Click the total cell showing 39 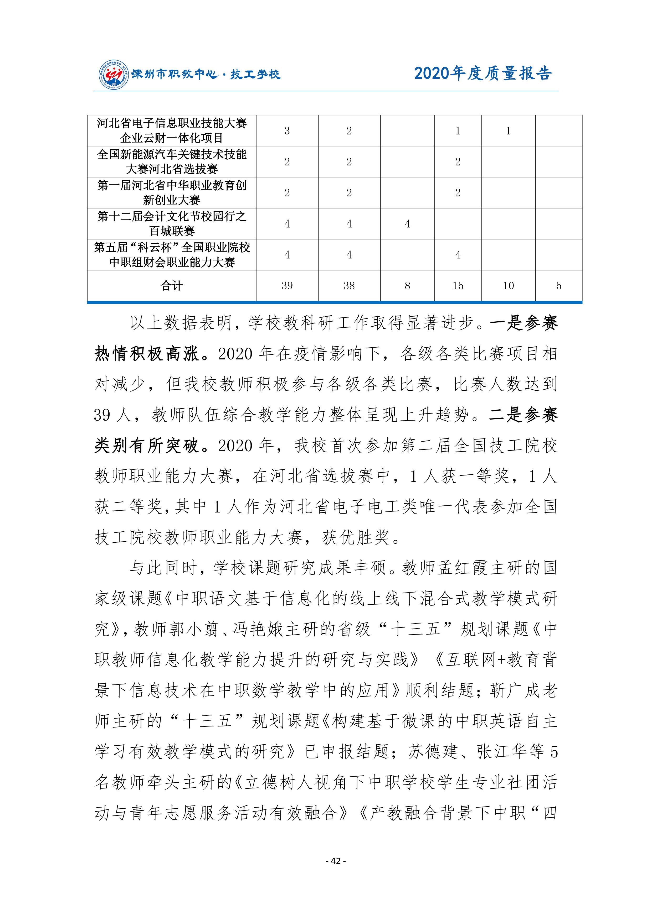click(x=287, y=286)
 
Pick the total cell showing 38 click(x=349, y=286)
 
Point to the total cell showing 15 click(x=458, y=286)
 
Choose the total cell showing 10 click(x=508, y=286)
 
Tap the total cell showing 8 click(x=407, y=286)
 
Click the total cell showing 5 click(x=558, y=286)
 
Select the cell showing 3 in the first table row click(x=287, y=131)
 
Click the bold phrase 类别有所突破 click(x=147, y=446)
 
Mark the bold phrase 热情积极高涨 click(x=147, y=354)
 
